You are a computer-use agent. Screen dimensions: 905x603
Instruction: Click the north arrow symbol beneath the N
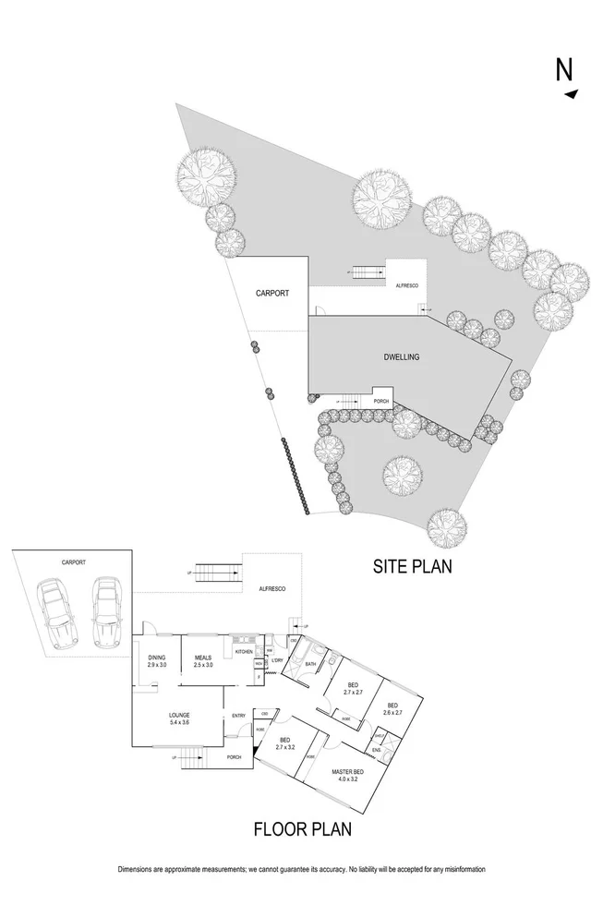coord(572,93)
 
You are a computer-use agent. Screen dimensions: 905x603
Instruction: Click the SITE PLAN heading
coord(411,566)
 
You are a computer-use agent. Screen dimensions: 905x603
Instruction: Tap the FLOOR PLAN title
coord(302,830)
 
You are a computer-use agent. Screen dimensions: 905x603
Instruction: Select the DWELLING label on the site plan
coord(403,356)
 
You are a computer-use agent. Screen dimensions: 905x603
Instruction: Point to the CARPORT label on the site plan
coord(272,294)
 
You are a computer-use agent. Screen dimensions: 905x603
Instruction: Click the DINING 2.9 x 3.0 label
coord(157,661)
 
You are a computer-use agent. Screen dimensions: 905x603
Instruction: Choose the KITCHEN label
coord(244,652)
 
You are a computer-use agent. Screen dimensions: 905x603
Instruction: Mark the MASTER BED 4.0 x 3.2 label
coord(347,775)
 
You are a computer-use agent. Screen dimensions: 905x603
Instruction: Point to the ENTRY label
coord(238,715)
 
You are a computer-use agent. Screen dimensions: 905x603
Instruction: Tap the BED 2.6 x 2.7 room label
coord(393,709)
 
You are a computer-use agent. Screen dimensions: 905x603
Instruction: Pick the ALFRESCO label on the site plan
coord(406,285)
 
